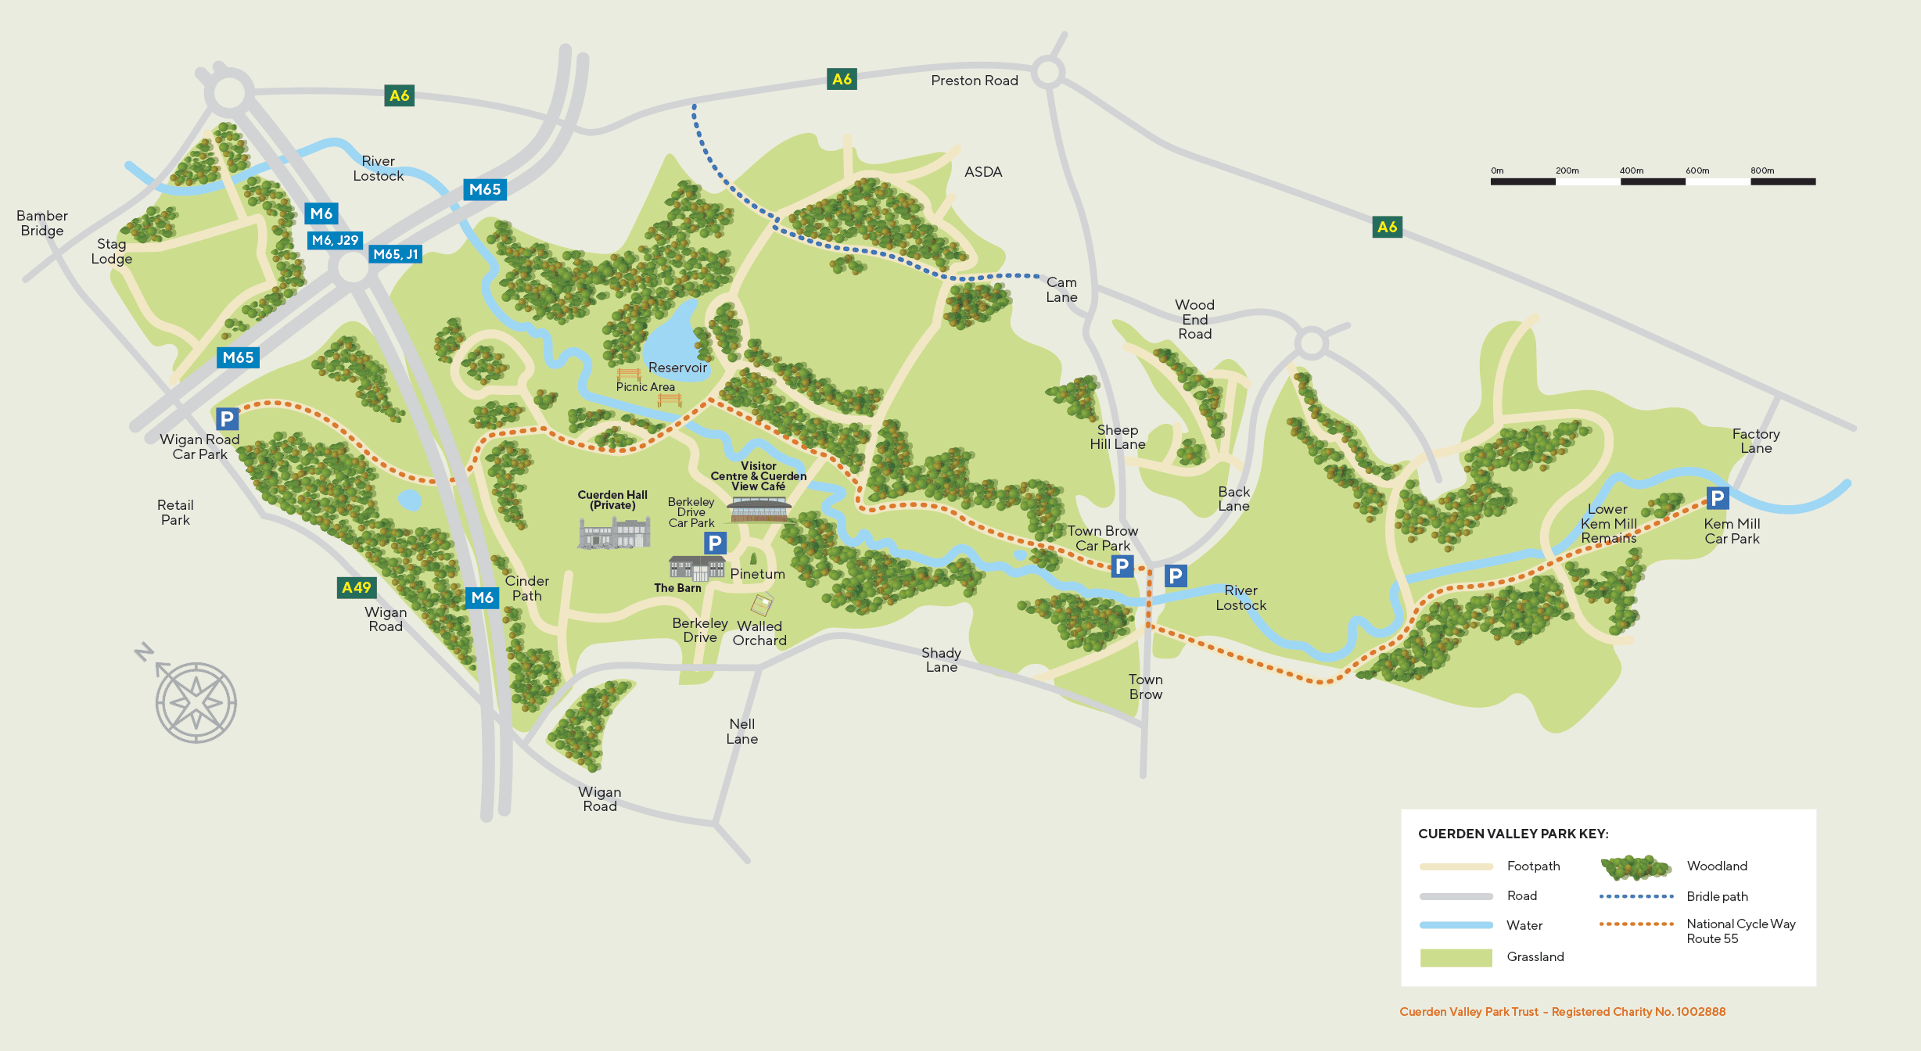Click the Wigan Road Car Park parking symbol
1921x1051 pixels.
click(x=227, y=419)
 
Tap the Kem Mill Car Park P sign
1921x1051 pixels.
click(x=1717, y=498)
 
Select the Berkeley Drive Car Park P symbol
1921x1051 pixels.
click(x=715, y=543)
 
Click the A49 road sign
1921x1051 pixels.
click(x=357, y=587)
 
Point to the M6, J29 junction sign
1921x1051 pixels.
click(x=335, y=240)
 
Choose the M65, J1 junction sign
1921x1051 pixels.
click(x=395, y=254)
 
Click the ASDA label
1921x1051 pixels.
click(x=983, y=172)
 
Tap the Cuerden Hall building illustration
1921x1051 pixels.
click(x=614, y=533)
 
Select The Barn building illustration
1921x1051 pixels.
click(x=696, y=568)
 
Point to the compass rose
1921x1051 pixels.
click(x=195, y=701)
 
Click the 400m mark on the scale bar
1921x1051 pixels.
click(x=1631, y=171)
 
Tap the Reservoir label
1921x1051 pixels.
click(x=677, y=368)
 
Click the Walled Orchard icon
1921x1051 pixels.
click(x=762, y=604)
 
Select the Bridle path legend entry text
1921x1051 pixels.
click(x=1717, y=896)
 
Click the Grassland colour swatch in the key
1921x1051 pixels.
click(x=1456, y=957)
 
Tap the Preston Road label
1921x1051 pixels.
click(x=974, y=81)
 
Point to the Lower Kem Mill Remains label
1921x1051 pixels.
click(x=1608, y=523)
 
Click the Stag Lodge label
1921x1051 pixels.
click(x=111, y=251)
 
